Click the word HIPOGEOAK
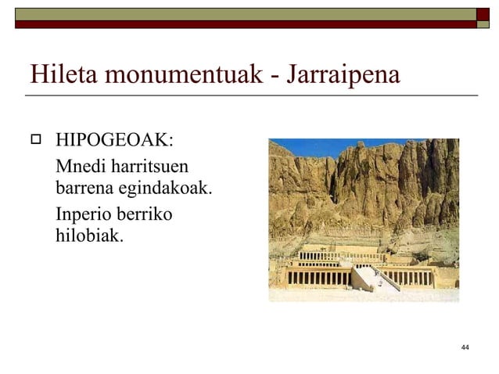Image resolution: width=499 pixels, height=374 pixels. [x=114, y=142]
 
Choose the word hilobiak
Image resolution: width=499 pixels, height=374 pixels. [x=88, y=235]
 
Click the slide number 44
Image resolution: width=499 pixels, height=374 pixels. [x=465, y=347]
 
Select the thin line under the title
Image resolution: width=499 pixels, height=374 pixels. [x=250, y=95]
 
